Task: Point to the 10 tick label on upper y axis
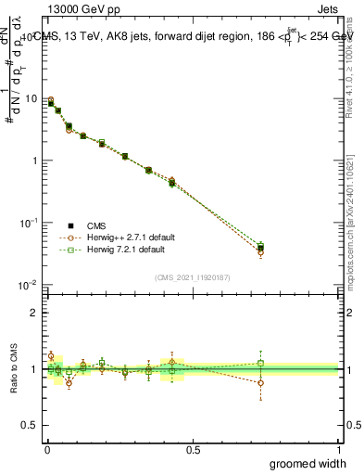31,99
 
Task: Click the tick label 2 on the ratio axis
35,313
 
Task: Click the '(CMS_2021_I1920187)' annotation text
193,276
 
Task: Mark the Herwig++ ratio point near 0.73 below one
260,382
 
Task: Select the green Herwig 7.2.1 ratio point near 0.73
260,364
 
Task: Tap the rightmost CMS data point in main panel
260,248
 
